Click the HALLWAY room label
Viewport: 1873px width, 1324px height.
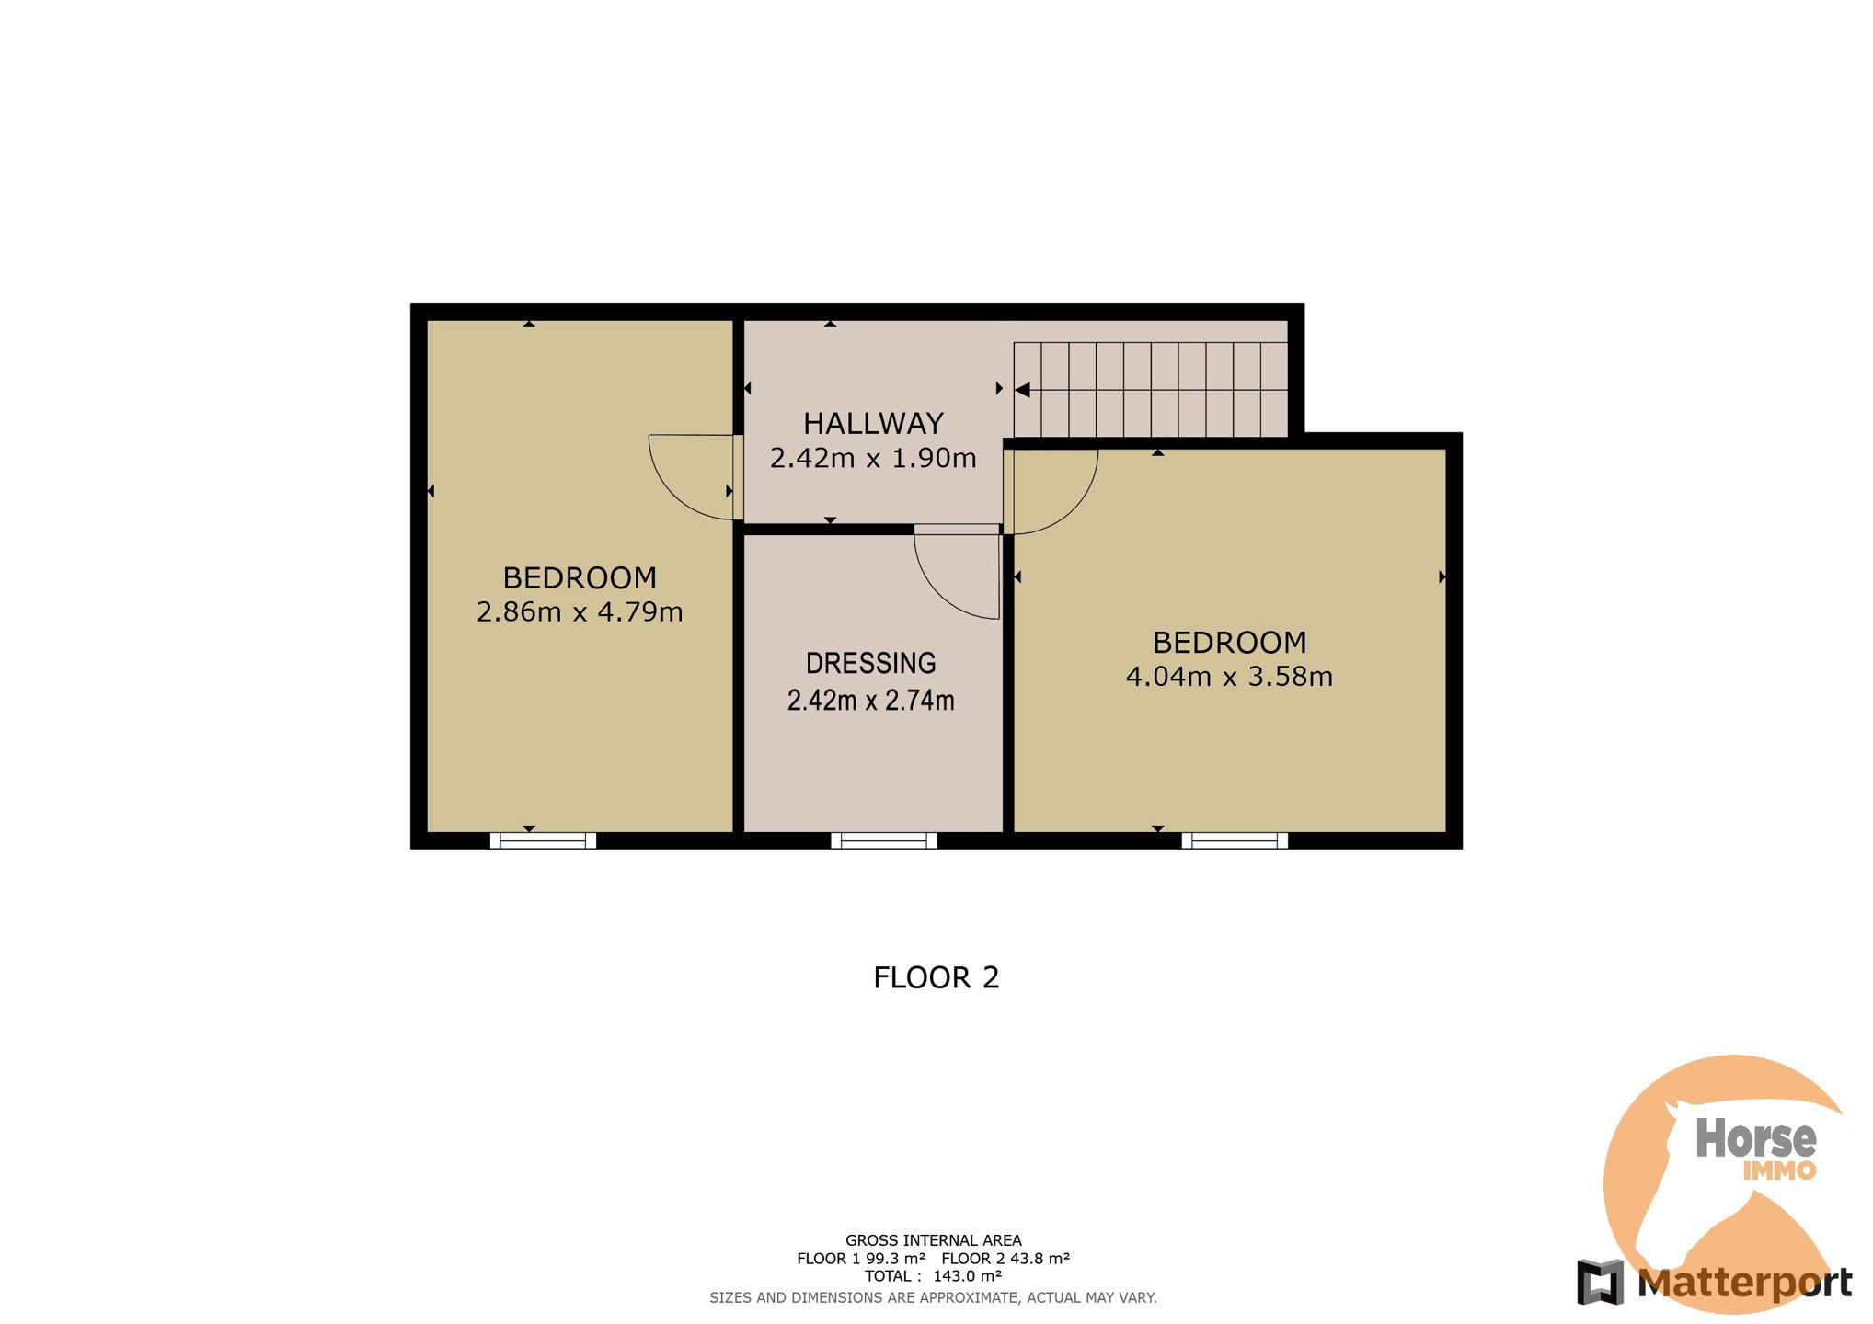(873, 423)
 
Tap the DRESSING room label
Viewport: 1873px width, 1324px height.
(870, 663)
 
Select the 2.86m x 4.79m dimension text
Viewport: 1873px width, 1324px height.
(580, 611)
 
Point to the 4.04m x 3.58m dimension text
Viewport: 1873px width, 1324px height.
(1229, 677)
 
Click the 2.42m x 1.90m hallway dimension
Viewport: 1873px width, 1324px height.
(873, 458)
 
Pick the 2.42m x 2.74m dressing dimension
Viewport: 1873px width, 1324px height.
(870, 701)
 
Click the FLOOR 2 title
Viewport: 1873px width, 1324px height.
(936, 977)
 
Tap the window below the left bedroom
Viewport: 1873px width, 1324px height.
(543, 840)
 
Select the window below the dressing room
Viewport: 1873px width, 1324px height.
(883, 840)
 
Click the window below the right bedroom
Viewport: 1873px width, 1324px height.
(1235, 840)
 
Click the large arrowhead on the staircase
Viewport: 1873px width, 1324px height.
(1021, 390)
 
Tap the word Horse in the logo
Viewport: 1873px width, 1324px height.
(1755, 1138)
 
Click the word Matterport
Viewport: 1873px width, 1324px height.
(1745, 1283)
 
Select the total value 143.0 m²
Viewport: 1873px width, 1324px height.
(967, 1276)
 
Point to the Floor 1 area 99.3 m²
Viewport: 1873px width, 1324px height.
(895, 1259)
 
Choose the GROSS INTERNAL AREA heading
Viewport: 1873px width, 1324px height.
(933, 1240)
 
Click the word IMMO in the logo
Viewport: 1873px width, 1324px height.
(1779, 1170)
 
